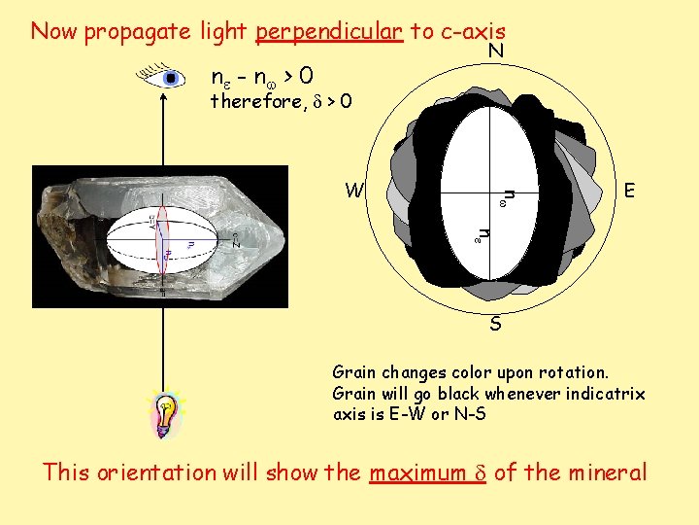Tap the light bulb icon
pyautogui.click(x=166, y=416)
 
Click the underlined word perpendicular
pyautogui.click(x=328, y=31)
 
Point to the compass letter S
pyautogui.click(x=495, y=324)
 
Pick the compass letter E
pyautogui.click(x=630, y=191)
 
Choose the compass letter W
pyautogui.click(x=356, y=191)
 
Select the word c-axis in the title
pyautogui.click(x=472, y=31)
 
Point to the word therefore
pyautogui.click(x=255, y=101)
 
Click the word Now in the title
pyautogui.click(x=54, y=31)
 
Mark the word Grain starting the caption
pyautogui.click(x=353, y=372)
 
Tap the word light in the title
pyautogui.click(x=224, y=31)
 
